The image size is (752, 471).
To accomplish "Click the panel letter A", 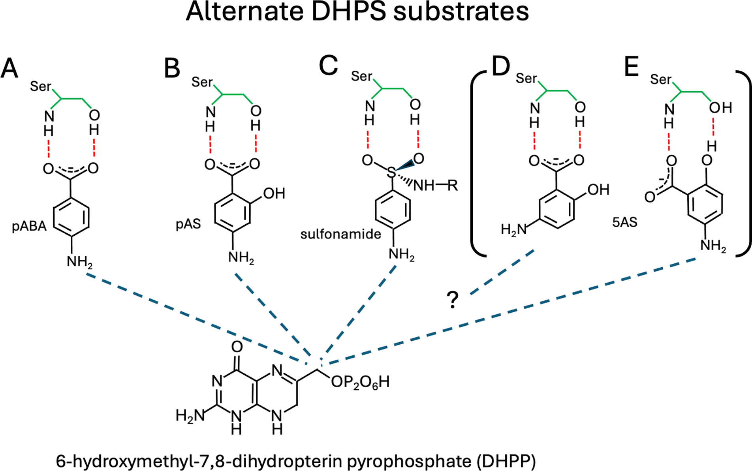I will [x=9, y=68].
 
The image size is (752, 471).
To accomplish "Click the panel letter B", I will [x=172, y=68].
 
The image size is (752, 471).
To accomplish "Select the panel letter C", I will [x=328, y=65].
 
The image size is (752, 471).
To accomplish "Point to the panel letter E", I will [x=631, y=66].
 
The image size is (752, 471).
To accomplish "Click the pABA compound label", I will [x=29, y=227].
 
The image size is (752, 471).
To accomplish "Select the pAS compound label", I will [x=188, y=224].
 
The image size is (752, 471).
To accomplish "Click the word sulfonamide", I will [x=340, y=234].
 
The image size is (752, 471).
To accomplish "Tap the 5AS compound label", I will [x=625, y=222].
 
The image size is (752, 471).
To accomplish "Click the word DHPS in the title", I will [x=348, y=12].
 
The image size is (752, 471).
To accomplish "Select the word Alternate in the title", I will [x=245, y=12].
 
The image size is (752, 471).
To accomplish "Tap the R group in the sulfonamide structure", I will [x=452, y=185].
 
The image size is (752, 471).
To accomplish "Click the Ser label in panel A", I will [x=40, y=86].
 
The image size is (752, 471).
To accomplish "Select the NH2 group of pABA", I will [x=79, y=261].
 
